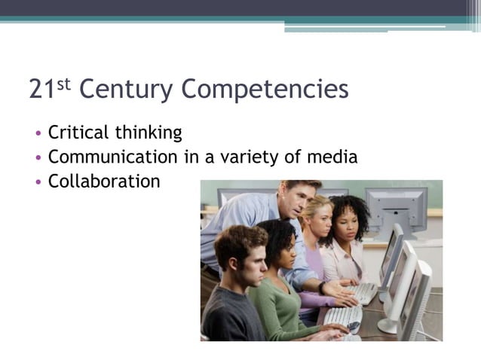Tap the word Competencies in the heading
pos(265,90)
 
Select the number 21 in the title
pos(41,90)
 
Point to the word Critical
pos(78,133)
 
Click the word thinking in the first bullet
pos(148,133)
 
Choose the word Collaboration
pos(104,182)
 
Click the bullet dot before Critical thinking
pos(38,135)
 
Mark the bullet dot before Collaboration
pos(38,183)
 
